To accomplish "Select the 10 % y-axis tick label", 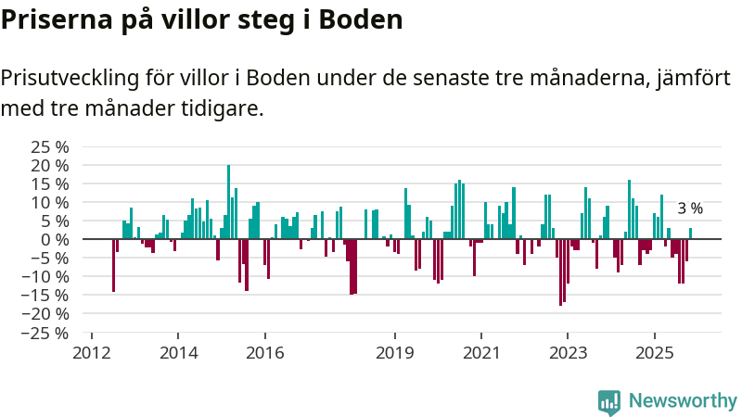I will [50, 202].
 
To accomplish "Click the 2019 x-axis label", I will [395, 352].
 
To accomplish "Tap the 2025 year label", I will [654, 352].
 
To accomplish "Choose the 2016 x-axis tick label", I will [264, 352].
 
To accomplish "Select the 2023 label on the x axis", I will [568, 352].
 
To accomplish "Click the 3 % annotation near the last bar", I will [690, 209].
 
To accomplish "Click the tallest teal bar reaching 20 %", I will [228, 202].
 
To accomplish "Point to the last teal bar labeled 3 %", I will [690, 234].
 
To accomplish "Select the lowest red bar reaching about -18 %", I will [560, 272].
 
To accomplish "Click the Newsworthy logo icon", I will [609, 401].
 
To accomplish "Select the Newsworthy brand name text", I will [683, 401].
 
